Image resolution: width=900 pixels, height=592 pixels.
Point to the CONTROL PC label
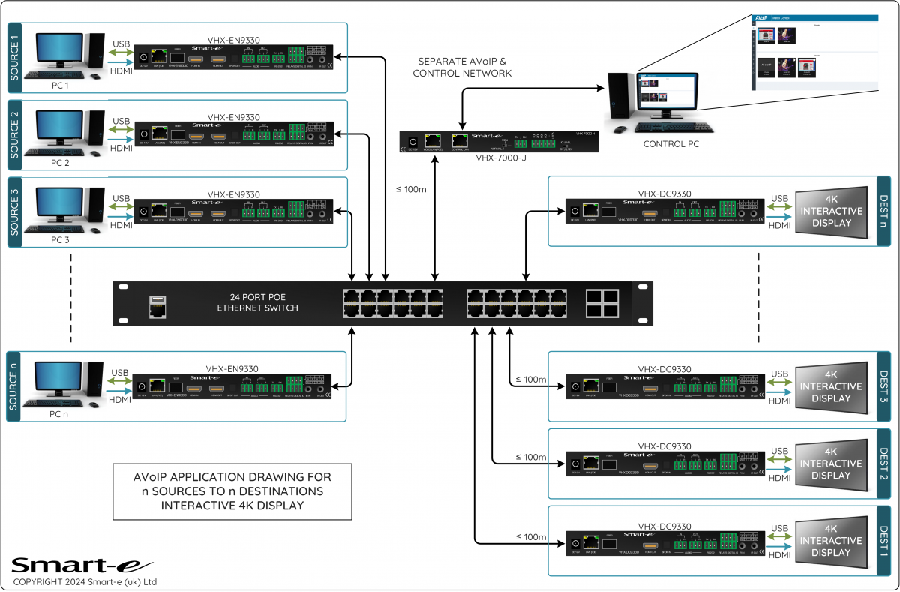(x=671, y=143)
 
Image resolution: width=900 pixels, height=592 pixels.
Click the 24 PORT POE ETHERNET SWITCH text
(x=258, y=302)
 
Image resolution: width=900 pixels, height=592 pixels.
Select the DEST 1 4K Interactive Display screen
(x=830, y=540)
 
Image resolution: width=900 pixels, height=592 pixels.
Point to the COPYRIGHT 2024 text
(x=84, y=582)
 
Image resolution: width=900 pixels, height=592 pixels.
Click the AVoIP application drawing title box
(x=232, y=491)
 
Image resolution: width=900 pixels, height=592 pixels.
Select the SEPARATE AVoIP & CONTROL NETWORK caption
(x=462, y=67)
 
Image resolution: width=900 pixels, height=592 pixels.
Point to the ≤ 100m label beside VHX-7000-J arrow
(x=411, y=189)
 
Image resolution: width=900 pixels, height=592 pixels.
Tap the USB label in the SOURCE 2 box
(x=121, y=121)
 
